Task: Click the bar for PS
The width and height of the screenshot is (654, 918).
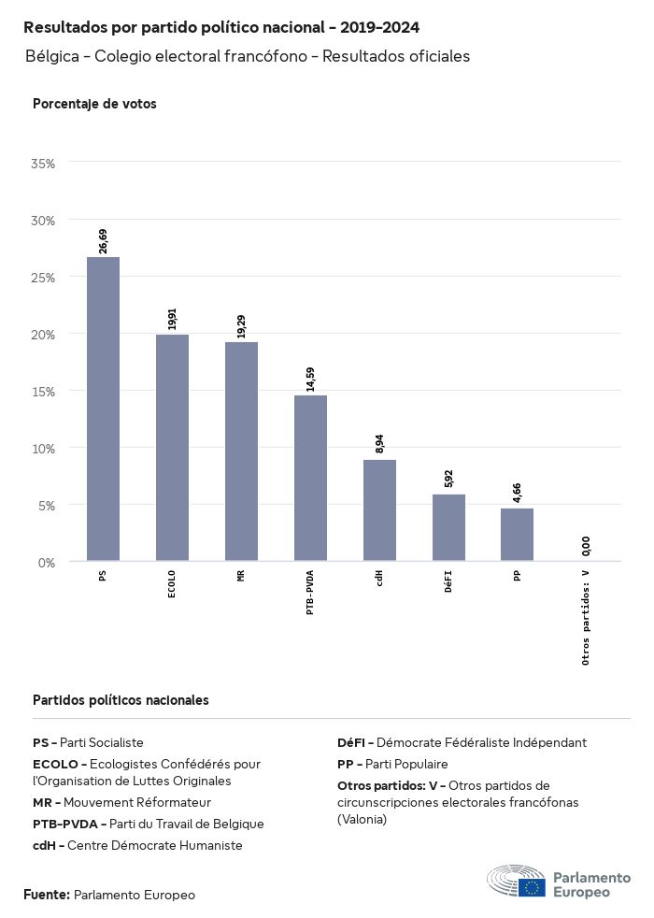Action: coord(103,409)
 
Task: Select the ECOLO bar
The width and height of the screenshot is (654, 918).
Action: coord(172,448)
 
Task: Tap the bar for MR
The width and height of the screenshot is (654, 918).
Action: coord(241,452)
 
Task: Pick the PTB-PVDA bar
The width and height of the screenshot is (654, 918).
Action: coord(310,478)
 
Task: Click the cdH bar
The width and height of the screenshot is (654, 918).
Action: coord(379,510)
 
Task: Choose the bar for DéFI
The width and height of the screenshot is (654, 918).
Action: coord(448,527)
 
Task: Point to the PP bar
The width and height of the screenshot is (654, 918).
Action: coord(517,535)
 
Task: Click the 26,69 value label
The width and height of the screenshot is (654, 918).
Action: coord(103,240)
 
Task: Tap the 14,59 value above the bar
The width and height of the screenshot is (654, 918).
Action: coord(310,379)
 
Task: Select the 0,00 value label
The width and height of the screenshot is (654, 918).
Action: coord(586,546)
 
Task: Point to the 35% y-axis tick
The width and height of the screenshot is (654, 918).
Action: coord(44,164)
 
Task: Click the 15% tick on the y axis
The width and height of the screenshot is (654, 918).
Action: coord(44,391)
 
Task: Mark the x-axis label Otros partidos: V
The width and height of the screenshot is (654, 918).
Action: coord(586,617)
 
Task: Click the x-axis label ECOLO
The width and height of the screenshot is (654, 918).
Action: coord(172,584)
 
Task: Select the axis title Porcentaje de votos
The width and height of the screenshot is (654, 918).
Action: coord(94,104)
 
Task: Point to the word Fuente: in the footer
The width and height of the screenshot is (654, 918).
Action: coord(47,895)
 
